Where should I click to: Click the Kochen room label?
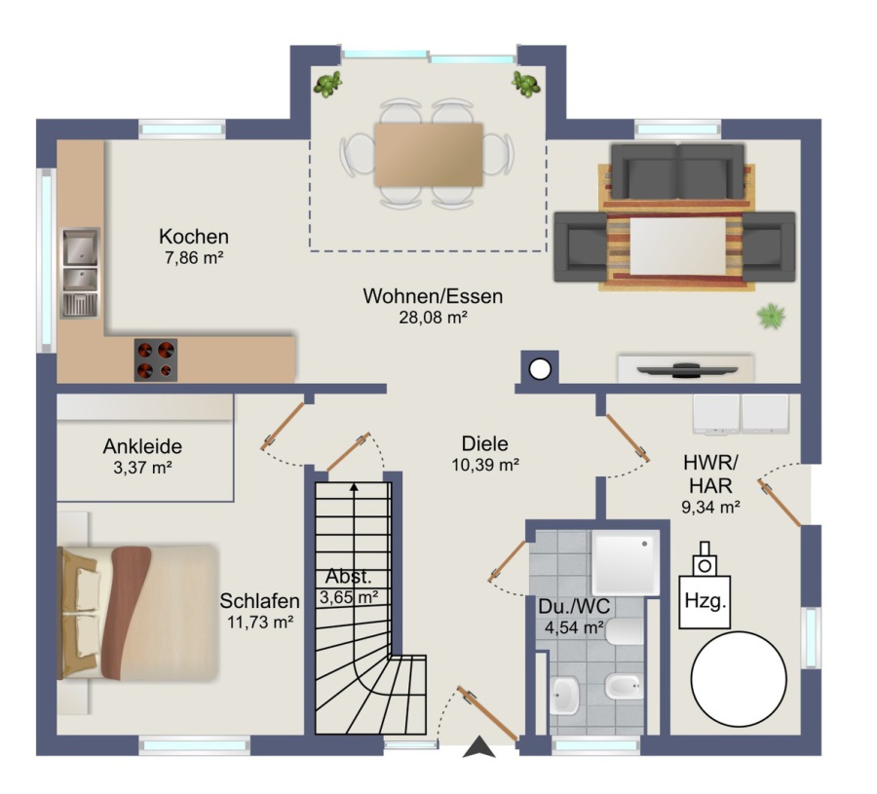194,237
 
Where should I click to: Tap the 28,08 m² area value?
433,318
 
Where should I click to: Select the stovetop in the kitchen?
156,360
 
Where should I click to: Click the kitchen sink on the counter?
80,273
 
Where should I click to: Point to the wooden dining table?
429,155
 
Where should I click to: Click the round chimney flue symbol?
540,368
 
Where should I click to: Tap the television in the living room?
687,369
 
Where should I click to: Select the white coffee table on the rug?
678,246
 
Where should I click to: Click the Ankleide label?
142,446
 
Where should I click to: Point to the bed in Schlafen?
137,613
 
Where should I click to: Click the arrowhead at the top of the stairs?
354,487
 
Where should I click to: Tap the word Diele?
485,443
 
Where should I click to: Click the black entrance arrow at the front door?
478,747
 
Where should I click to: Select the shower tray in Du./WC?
626,562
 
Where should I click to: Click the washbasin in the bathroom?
564,695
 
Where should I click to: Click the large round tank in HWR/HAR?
739,679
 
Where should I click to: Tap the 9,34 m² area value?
711,508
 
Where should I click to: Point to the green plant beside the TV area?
772,316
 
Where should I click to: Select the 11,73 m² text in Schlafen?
260,622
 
